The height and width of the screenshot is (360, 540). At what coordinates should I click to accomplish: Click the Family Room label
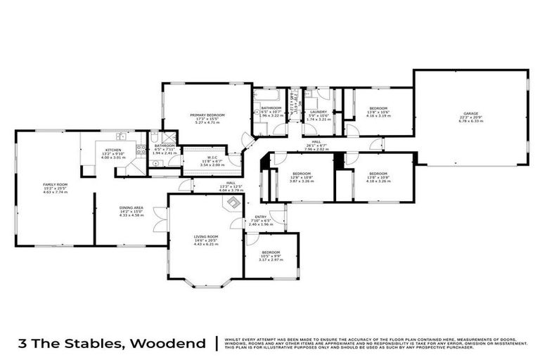tap(55, 188)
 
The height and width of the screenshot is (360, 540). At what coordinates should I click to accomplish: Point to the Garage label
tap(472, 119)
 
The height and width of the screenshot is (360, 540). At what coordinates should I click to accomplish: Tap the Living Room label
tap(206, 240)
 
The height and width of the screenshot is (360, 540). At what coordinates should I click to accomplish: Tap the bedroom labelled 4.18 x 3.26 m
tap(378, 176)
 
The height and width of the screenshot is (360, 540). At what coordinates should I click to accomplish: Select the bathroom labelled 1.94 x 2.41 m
tap(162, 148)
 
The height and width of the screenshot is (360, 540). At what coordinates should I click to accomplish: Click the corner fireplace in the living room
tap(231, 203)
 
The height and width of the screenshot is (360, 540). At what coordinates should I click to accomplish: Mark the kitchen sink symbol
tap(121, 136)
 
